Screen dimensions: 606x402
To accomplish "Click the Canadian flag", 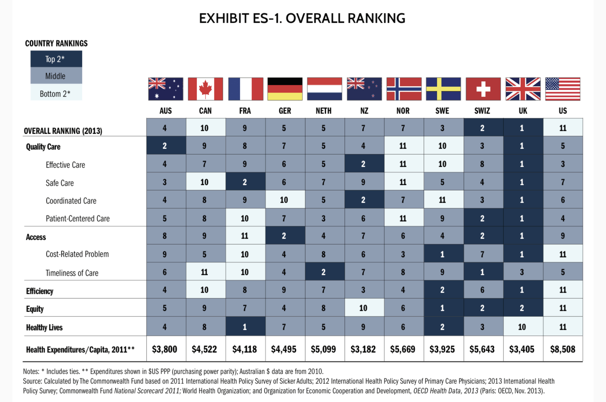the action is [205, 89].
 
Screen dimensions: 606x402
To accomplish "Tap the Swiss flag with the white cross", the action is [483, 89].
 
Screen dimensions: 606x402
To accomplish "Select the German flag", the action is [285, 89].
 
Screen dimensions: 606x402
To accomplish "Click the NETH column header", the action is [324, 111].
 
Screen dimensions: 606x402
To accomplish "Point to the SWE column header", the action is [442, 111].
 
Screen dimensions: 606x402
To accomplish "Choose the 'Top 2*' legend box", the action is [56, 59].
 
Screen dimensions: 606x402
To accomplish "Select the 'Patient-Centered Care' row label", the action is [78, 219].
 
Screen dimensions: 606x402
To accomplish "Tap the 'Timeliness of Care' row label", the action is [72, 273].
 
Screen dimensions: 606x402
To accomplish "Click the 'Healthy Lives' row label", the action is [44, 328].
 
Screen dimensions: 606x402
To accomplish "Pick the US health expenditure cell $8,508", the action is [563, 349].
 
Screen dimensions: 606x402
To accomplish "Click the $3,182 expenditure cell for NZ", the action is [363, 349].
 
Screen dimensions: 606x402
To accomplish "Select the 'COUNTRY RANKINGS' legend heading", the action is [56, 43].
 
